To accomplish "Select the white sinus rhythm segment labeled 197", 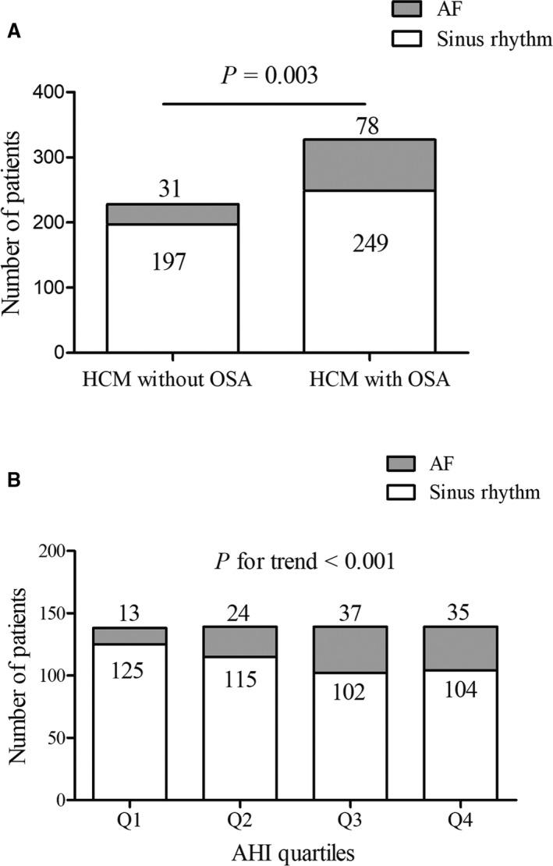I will (172, 289).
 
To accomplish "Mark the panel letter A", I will (13, 32).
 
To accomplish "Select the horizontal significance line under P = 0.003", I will (264, 103).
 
